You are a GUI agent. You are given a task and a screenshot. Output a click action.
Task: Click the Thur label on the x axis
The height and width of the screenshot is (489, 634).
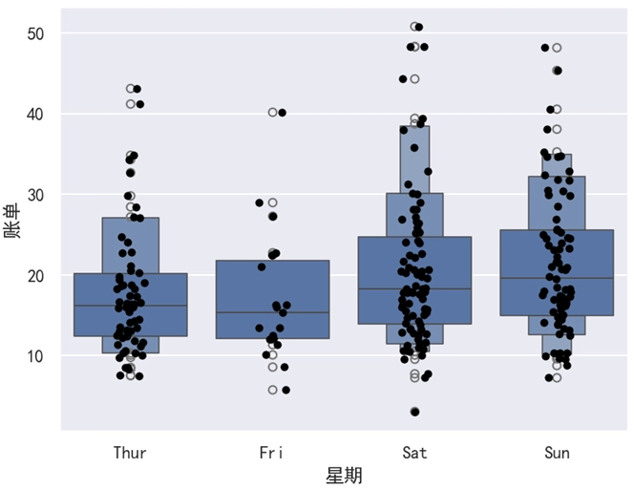tap(130, 453)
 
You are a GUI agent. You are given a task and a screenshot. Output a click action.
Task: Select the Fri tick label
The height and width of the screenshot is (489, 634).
tap(272, 453)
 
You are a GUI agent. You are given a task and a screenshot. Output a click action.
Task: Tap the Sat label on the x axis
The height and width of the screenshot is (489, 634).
tap(414, 453)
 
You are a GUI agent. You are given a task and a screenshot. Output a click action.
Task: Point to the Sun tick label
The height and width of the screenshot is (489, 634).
tap(557, 453)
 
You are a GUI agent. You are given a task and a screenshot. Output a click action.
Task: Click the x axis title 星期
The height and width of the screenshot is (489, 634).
tap(344, 475)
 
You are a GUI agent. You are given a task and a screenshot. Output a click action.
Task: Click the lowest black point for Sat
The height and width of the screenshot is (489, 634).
tap(414, 412)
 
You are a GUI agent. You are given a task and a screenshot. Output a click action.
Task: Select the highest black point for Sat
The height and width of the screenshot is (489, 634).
tap(419, 27)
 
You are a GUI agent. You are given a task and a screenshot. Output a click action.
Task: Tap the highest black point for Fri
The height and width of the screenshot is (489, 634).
tap(282, 113)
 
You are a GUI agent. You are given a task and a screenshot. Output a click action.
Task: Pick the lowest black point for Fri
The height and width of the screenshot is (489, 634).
tap(285, 390)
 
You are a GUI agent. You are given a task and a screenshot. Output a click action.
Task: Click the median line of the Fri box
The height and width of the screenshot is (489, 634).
tap(272, 312)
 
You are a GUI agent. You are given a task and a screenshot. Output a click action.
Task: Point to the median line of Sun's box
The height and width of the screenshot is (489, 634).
tap(557, 278)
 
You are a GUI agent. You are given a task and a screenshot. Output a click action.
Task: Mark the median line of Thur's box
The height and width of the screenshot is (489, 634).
tap(130, 306)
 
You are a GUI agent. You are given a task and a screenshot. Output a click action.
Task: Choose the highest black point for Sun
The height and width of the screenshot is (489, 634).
tap(545, 47)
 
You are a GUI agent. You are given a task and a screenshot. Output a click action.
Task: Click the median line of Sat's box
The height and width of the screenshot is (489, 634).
tap(414, 288)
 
